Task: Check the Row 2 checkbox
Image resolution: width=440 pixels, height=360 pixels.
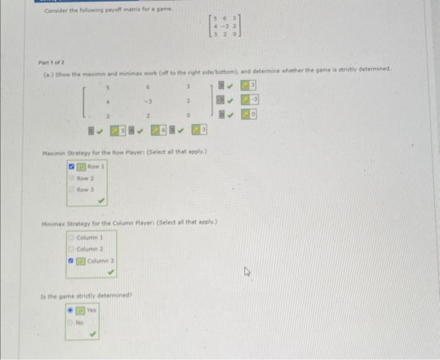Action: pyautogui.click(x=71, y=178)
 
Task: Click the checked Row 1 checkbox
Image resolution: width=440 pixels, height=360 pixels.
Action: pyautogui.click(x=72, y=168)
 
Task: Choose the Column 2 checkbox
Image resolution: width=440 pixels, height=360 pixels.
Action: pyautogui.click(x=72, y=249)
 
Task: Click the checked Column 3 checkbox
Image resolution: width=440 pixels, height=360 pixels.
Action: pyautogui.click(x=72, y=261)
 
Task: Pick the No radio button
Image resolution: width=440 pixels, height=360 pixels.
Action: pyautogui.click(x=71, y=322)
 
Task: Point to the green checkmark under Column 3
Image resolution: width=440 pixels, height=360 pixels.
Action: pyautogui.click(x=111, y=273)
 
